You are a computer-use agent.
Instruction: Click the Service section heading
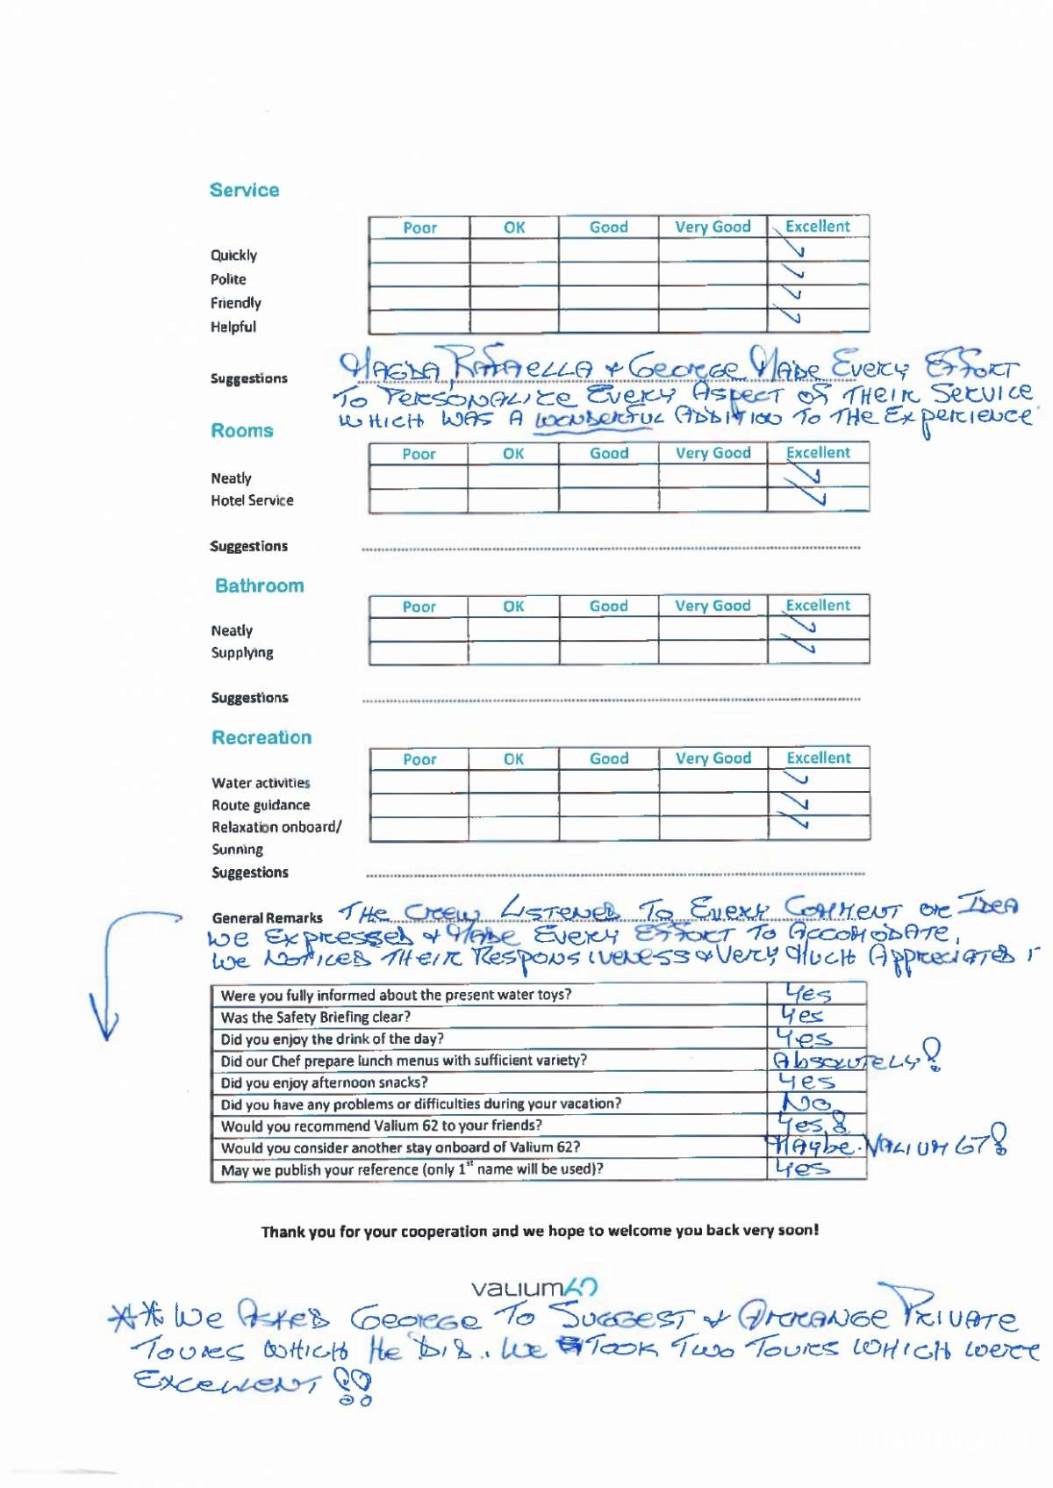coord(244,190)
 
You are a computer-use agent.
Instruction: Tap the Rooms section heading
coord(242,430)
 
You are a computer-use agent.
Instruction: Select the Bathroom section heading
coord(260,586)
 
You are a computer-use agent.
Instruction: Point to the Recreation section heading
coord(261,737)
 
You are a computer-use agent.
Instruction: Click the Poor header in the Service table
coord(419,227)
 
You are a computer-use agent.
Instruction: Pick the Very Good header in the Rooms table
coord(713,453)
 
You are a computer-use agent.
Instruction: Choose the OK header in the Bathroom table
coord(513,607)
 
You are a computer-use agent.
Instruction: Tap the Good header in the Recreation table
coord(609,758)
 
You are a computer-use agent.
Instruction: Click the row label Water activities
coord(261,783)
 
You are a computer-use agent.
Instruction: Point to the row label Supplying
coord(242,652)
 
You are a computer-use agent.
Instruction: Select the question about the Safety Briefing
coord(316,1017)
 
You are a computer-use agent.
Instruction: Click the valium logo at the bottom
coord(534,1288)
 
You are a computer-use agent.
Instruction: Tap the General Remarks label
coord(267,917)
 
